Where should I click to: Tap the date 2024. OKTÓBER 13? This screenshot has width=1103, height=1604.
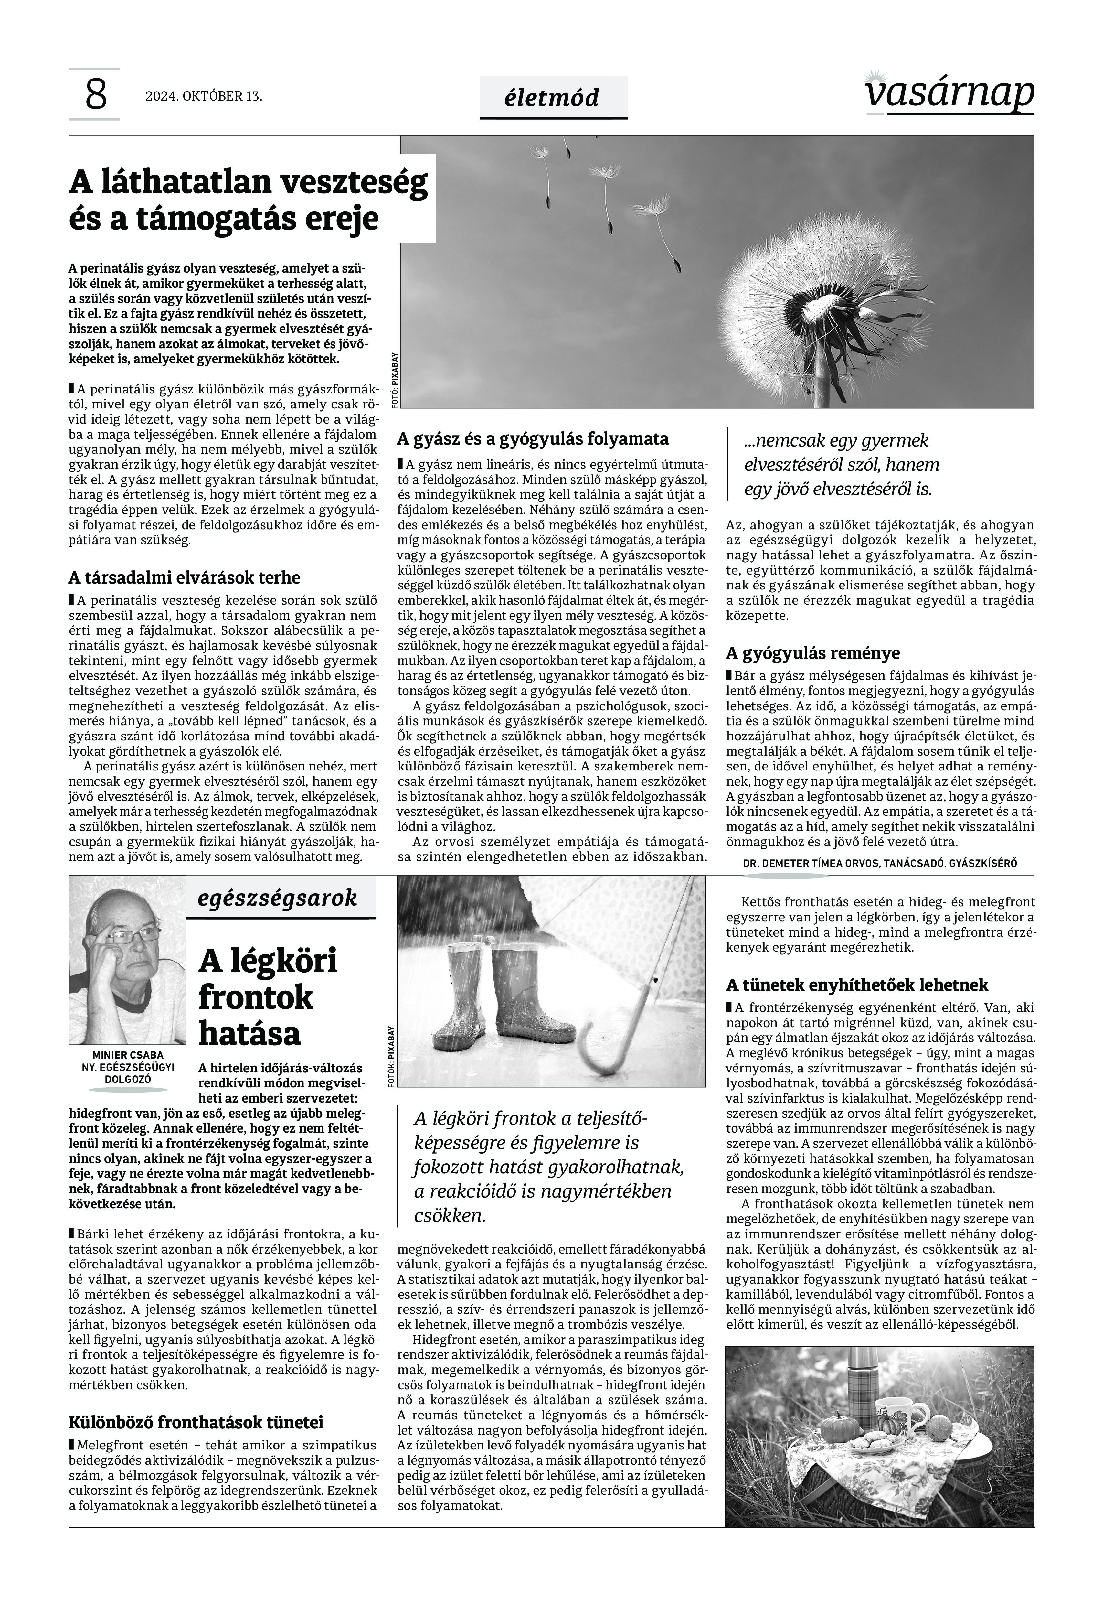tap(204, 96)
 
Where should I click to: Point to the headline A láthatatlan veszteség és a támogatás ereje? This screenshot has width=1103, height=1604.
tap(248, 200)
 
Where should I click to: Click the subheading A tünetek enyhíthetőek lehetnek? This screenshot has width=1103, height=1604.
tap(857, 985)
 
